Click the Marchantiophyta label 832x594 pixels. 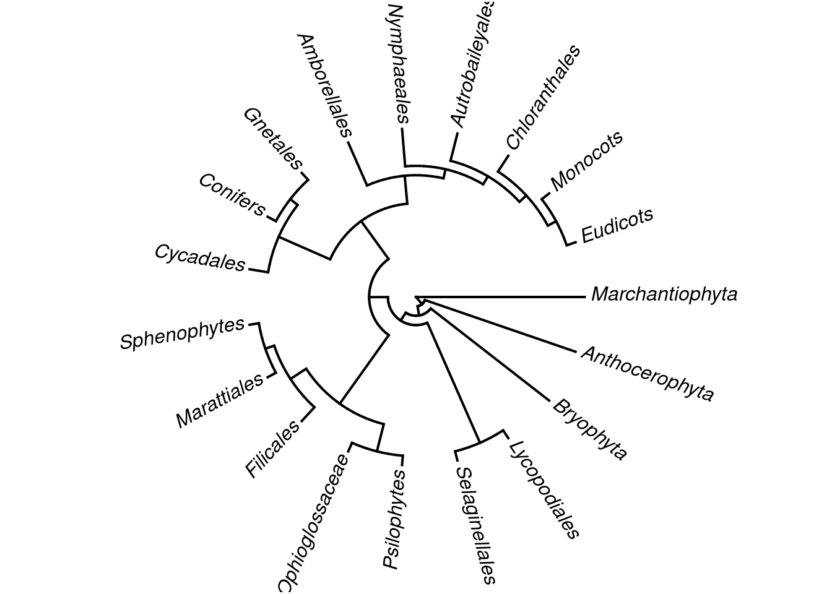tap(664, 294)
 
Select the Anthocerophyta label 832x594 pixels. tap(647, 373)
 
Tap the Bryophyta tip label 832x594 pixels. tap(589, 429)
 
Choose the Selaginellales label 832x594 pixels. tap(475, 525)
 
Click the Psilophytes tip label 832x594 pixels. tap(394, 519)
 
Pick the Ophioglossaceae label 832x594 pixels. tap(312, 523)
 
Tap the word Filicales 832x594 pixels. tap(272, 449)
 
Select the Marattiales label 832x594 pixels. tap(220, 401)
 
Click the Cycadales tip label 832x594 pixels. tap(199, 257)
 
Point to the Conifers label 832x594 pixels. tap(232, 195)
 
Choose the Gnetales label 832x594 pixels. tap(272, 139)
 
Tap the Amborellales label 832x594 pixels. tap(324, 85)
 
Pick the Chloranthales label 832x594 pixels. tap(544, 97)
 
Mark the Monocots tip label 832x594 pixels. tap(586, 160)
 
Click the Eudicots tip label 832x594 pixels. tap(617, 225)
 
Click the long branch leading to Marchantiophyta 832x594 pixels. tap(501, 297)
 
